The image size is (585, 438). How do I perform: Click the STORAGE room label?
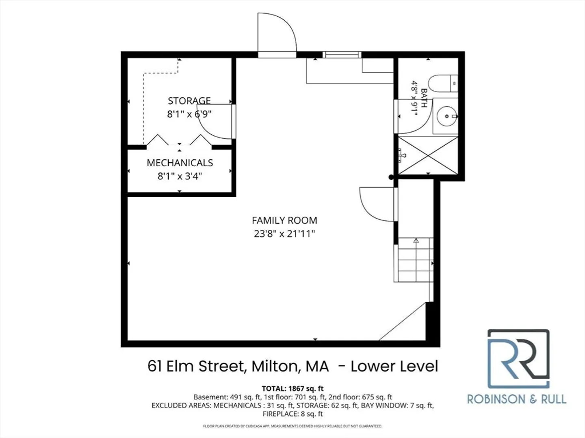(x=189, y=101)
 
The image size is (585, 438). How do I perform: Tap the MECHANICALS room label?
(x=180, y=163)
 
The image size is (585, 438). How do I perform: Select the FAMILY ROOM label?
(x=284, y=220)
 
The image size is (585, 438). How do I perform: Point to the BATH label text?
(x=424, y=98)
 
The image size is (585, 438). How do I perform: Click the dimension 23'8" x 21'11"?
(x=284, y=234)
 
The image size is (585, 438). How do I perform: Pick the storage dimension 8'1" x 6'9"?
(x=189, y=114)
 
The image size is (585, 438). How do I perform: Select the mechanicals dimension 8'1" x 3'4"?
(x=180, y=176)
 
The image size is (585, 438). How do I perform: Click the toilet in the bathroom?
(x=443, y=84)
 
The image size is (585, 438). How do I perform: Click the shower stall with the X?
(x=428, y=155)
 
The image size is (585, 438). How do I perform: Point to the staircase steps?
(x=414, y=260)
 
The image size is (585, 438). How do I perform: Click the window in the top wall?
(x=342, y=55)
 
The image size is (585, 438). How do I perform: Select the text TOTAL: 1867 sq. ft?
(x=292, y=389)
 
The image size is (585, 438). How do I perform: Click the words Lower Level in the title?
(x=394, y=366)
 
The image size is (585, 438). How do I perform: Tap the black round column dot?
(x=391, y=177)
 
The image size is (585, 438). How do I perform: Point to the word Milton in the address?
(x=275, y=366)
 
